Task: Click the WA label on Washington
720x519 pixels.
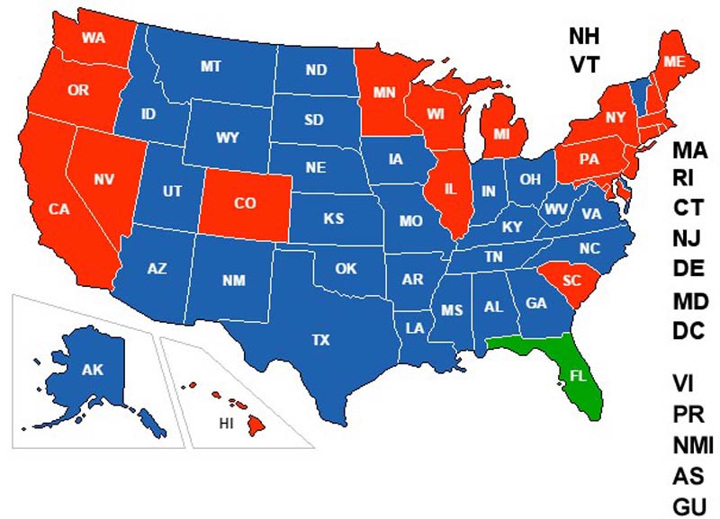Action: coord(93,38)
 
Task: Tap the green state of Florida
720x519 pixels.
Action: coord(576,378)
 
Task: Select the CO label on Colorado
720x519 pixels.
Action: coord(245,203)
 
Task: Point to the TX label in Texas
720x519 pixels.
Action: coord(320,340)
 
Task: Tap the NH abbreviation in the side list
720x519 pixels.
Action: coord(583,35)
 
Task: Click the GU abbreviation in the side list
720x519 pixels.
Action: coord(689,506)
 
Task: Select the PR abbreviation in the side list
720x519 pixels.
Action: coord(688,415)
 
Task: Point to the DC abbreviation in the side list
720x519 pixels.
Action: coord(690,330)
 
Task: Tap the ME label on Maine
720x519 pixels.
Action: coord(673,61)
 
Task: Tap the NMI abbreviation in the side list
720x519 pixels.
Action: coord(693,445)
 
